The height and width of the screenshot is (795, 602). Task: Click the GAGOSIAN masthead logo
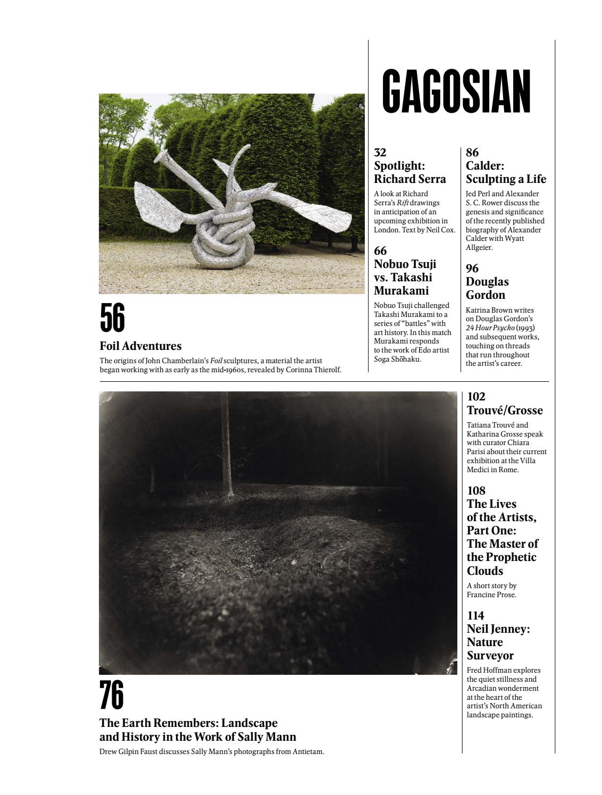point(456,91)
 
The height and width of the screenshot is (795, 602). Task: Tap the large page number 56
point(112,318)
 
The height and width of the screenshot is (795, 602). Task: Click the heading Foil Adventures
point(140,346)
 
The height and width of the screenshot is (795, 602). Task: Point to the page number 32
point(380,153)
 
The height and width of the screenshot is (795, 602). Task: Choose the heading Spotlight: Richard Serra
point(409,172)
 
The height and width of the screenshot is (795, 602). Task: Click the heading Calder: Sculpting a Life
point(506,172)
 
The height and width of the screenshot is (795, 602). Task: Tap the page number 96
point(472,269)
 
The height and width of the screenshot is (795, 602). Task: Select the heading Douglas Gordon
point(487,288)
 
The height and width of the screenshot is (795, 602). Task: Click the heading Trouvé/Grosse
point(505,411)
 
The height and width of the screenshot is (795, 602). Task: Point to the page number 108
point(476,490)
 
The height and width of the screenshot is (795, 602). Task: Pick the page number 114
point(475,616)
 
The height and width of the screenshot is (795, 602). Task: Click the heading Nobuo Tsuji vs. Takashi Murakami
point(404,277)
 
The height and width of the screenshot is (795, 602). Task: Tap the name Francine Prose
point(491,595)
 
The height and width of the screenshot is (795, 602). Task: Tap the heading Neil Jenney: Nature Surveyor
point(498,642)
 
